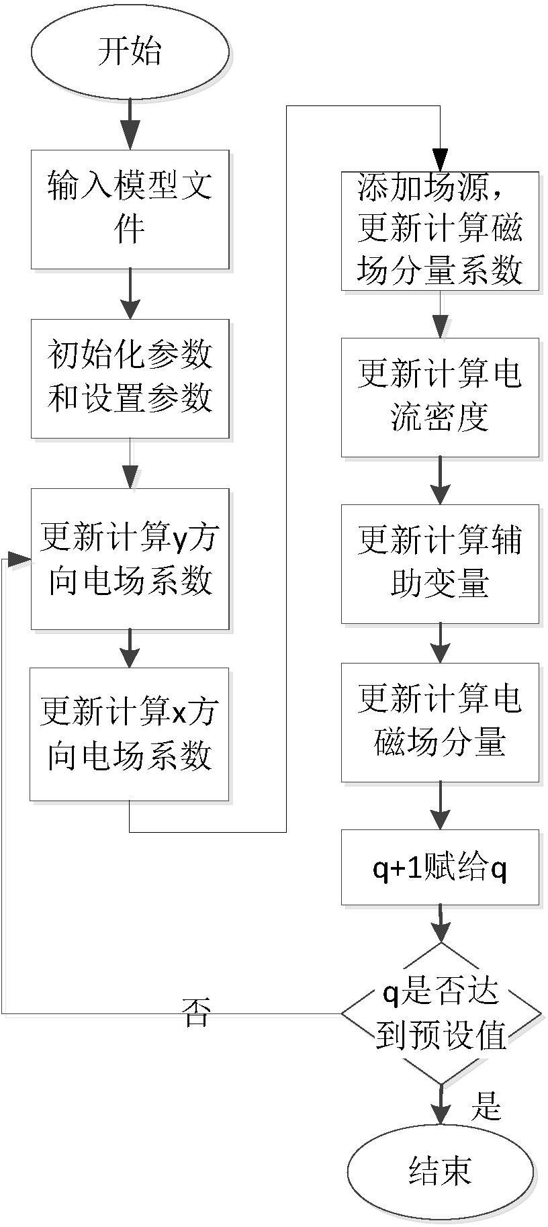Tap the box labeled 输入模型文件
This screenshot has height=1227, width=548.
click(x=130, y=210)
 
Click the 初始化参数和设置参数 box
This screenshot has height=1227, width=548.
click(x=130, y=379)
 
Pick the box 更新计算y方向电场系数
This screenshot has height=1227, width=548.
click(x=130, y=559)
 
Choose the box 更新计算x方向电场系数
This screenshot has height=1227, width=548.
click(x=130, y=734)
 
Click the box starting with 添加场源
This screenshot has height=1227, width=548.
click(x=440, y=231)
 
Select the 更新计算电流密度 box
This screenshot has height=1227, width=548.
click(x=440, y=397)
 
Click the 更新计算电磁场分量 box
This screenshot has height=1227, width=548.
click(x=440, y=723)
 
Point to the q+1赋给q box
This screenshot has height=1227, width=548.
click(x=440, y=867)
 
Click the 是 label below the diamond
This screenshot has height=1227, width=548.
click(x=486, y=1105)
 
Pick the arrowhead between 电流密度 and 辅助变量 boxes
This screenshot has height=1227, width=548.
click(x=440, y=492)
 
